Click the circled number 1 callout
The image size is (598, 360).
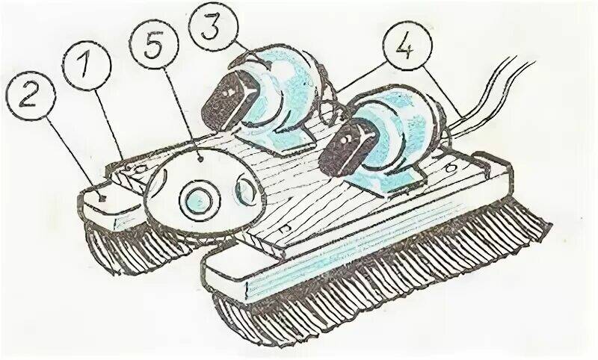(87, 65)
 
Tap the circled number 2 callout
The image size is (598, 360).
(31, 97)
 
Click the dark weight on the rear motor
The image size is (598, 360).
(229, 100)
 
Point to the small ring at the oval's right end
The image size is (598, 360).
(245, 188)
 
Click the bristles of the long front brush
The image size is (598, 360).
(381, 278)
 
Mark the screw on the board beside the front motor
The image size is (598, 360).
(453, 167)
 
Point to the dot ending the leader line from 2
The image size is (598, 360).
(102, 198)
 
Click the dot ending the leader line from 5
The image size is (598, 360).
(200, 161)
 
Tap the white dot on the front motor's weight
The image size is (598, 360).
(346, 141)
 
